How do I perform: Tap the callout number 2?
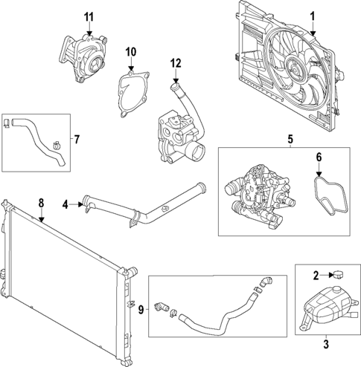(x=316, y=276)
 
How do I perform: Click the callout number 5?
(x=291, y=139)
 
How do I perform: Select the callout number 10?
(x=131, y=52)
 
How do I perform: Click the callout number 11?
(x=89, y=16)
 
